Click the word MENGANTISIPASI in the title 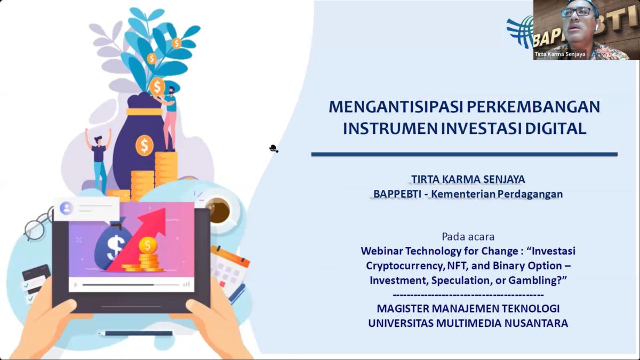tap(396, 107)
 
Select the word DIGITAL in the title tap(556, 129)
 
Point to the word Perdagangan tap(530, 194)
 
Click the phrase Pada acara tap(468, 237)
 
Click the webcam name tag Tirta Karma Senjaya tap(559, 54)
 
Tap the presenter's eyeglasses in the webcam tap(575, 12)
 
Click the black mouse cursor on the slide tap(274, 149)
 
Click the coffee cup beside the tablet tap(219, 211)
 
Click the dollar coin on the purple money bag tap(145, 146)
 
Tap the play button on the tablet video tap(76, 285)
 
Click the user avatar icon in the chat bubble tap(66, 207)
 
